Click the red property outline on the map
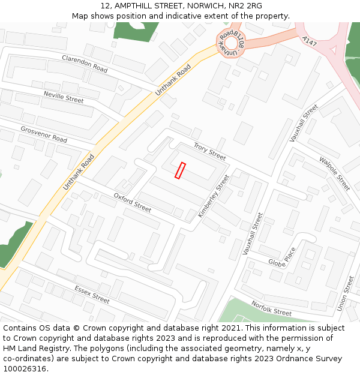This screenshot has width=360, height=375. tap(180, 170)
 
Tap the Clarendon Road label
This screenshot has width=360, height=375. tap(85, 64)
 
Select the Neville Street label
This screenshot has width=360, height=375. tap(64, 97)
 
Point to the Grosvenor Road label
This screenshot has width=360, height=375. tap(44, 134)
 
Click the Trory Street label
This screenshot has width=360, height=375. tap(209, 151)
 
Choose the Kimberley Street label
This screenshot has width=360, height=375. tap(214, 196)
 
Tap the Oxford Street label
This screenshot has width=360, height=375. tap(133, 203)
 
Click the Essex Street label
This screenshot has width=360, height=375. tap(92, 294)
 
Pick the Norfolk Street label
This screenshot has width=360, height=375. tap(271, 308)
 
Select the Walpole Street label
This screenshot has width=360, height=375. tap(334, 174)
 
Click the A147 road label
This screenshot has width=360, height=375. tap(310, 41)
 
